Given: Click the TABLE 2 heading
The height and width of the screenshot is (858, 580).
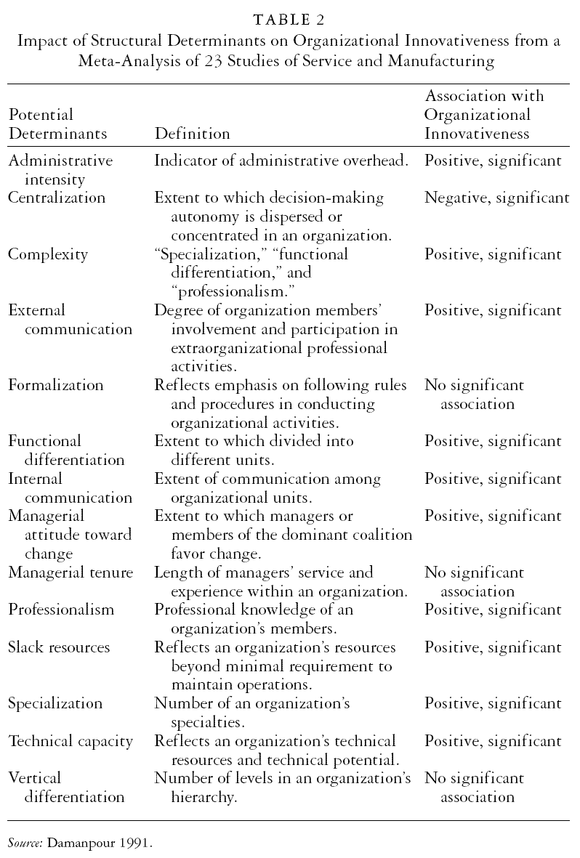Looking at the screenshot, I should tap(289, 20).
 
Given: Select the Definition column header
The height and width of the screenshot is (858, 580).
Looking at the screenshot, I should tap(192, 134).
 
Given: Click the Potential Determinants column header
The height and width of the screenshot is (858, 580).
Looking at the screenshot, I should tap(57, 124).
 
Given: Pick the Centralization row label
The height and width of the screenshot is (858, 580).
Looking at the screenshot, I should tap(57, 198).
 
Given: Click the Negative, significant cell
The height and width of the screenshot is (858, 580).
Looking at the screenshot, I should tap(497, 198).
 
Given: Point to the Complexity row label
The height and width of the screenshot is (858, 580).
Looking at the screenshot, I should tap(48, 254).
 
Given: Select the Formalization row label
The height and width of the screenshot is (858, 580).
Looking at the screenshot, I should tap(56, 385).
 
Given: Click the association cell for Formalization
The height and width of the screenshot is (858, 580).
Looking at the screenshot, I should tap(475, 394).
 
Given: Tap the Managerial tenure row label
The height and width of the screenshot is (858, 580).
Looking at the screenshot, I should tap(71, 572).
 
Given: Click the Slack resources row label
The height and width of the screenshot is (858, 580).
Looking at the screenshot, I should tap(60, 647).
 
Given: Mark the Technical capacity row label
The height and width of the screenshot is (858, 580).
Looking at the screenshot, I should tap(71, 741).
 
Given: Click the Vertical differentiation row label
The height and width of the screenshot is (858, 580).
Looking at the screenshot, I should tap(66, 788).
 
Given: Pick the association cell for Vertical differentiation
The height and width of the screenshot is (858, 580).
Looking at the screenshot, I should tap(475, 788).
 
